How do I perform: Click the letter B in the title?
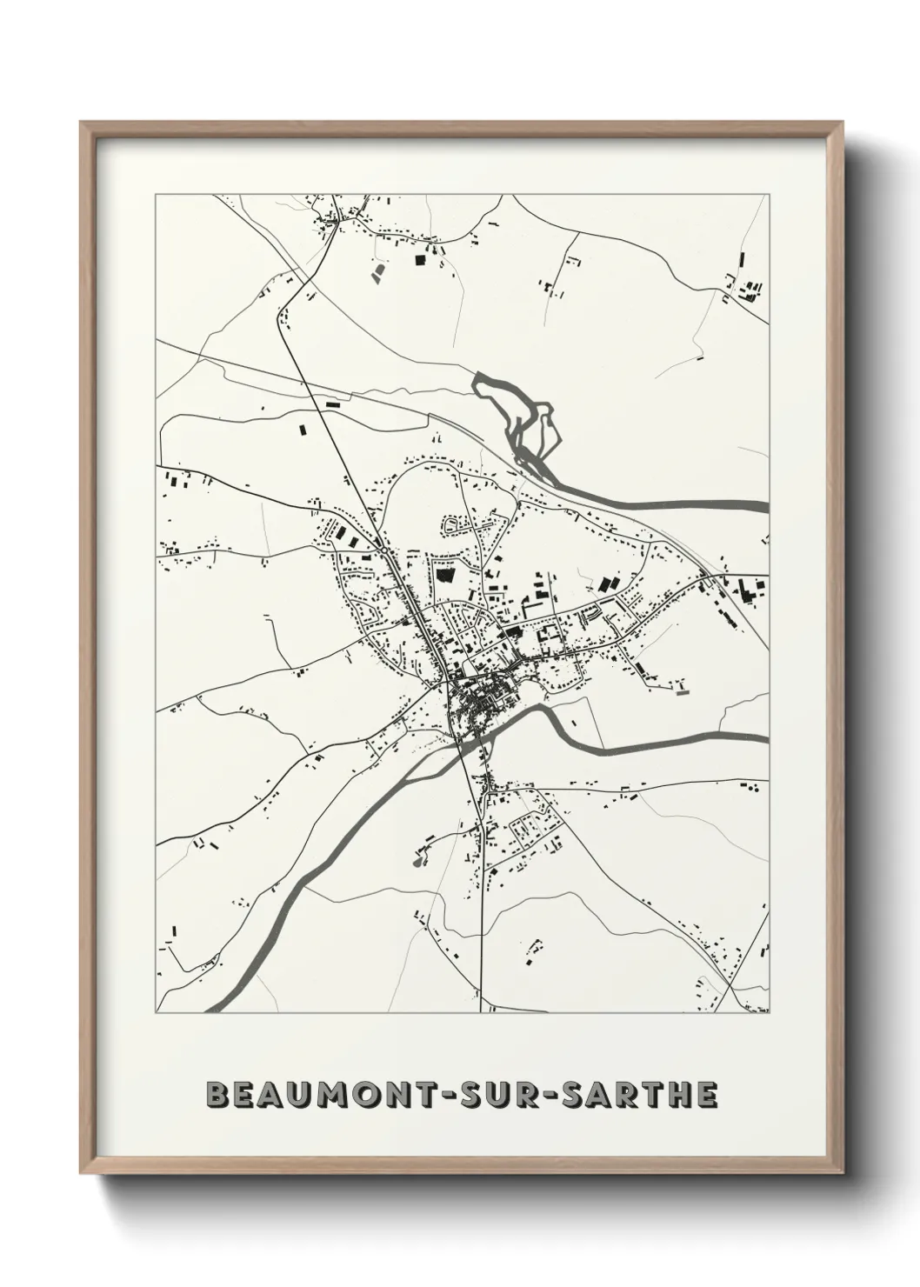[217, 1095]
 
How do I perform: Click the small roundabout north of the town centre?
[383, 550]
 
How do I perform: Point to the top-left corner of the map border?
[156, 195]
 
